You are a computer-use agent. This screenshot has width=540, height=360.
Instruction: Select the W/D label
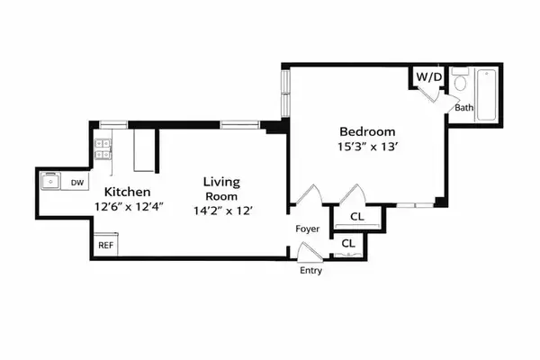(x=428, y=77)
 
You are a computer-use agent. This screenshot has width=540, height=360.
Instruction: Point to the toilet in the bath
(x=461, y=85)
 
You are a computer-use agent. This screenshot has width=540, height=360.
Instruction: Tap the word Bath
(x=463, y=108)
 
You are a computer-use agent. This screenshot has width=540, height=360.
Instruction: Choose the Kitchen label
(x=127, y=193)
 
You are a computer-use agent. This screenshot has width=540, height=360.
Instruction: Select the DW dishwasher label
(x=77, y=183)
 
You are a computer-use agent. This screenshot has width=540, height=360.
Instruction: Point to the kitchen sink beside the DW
(x=50, y=183)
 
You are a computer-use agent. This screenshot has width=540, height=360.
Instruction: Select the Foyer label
(x=308, y=229)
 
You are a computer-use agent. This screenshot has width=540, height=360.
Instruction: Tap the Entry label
(x=310, y=271)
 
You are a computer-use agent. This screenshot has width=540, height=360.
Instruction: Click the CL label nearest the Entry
(x=348, y=244)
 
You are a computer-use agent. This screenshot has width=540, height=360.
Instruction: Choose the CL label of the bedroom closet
(x=357, y=216)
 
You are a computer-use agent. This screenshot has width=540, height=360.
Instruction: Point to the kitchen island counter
(x=144, y=149)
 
